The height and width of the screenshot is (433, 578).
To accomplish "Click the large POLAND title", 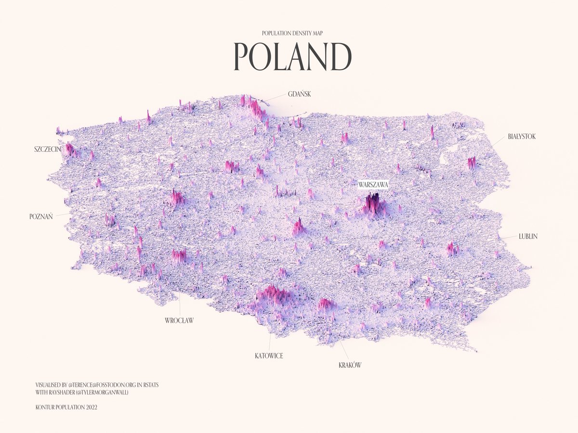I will click(x=292, y=57).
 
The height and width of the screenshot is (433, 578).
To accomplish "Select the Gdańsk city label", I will click(x=299, y=94).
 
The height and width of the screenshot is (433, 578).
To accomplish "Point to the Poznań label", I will click(x=41, y=216).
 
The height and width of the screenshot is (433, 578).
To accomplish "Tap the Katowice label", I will click(x=269, y=356).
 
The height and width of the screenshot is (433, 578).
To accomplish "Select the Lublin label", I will click(x=528, y=236).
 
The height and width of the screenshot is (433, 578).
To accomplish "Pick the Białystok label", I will click(x=522, y=137).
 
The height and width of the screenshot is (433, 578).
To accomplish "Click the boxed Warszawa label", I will click(x=373, y=184).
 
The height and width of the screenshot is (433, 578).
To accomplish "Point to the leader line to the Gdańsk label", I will click(x=275, y=98).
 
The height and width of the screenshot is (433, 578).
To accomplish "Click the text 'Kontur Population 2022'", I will click(x=67, y=408).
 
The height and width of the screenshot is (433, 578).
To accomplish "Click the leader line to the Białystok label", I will click(x=498, y=141).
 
